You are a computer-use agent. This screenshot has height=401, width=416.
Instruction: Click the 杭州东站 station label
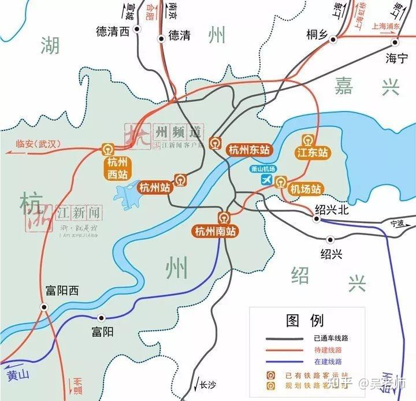(x=250, y=150)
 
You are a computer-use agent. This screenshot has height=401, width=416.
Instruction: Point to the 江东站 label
(x=312, y=153)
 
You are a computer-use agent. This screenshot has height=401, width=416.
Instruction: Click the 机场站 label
(x=305, y=189)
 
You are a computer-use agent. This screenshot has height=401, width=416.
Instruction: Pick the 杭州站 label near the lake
(x=155, y=187)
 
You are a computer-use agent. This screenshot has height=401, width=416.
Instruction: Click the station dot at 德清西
(x=138, y=28)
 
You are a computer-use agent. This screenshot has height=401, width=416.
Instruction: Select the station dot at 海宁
(x=396, y=42)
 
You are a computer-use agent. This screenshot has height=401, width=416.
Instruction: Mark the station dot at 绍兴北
(x=317, y=219)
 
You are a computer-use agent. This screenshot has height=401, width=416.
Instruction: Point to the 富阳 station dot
(x=102, y=317)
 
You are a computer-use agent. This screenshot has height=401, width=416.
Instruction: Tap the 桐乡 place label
(x=317, y=35)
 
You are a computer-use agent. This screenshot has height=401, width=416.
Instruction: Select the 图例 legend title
(x=304, y=320)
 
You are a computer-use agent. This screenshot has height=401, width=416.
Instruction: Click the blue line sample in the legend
(x=284, y=361)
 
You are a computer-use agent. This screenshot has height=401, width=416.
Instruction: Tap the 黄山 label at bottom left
(x=18, y=374)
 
